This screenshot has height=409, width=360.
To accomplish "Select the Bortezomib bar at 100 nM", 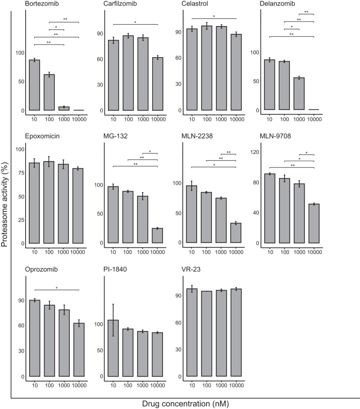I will pos(49,92).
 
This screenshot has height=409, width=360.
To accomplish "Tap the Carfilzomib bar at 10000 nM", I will pos(157,84).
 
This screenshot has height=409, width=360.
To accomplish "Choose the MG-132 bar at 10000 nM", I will pos(157,236).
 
